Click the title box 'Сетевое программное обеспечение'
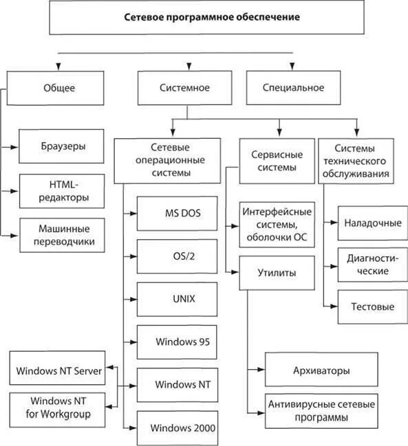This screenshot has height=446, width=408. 206,17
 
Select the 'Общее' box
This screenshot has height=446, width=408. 55,88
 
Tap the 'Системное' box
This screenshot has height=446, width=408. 185,87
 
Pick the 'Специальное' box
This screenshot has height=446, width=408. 293,87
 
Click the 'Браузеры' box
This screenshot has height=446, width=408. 61,146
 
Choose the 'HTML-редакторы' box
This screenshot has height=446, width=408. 62,191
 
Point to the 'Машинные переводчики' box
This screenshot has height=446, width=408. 62,235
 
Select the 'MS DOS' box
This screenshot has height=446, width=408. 177,213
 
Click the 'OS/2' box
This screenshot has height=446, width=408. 177,256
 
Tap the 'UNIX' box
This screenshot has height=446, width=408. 177,299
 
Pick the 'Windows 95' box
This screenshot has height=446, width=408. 177,342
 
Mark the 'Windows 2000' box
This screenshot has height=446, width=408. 178,428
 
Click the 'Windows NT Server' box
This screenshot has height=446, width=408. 57,368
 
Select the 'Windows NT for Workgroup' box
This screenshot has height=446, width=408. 57,410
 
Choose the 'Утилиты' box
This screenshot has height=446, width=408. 277,273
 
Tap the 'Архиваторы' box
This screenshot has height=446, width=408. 321,370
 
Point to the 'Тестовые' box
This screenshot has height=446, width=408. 373,307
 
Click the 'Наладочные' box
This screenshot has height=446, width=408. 373,223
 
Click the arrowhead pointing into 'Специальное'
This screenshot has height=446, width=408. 292,66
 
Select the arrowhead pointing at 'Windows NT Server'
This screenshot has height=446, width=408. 109,368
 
